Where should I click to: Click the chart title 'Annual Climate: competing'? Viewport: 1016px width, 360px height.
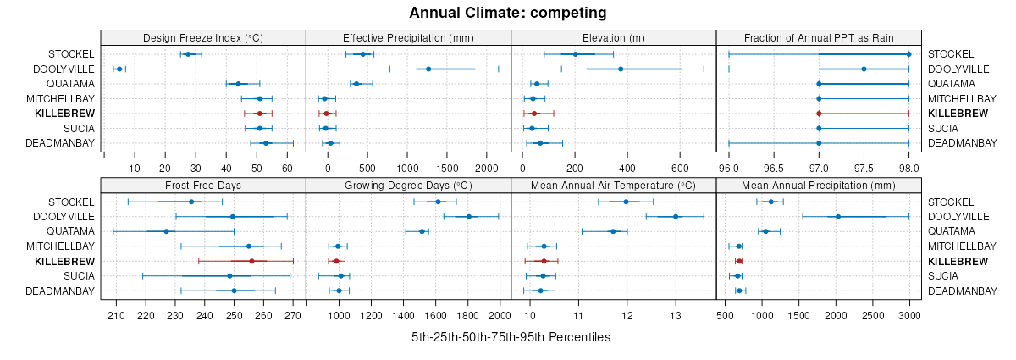point(507,13)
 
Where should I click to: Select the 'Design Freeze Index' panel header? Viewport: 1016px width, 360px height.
point(202,37)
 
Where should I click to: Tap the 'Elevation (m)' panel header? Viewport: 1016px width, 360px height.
point(614,37)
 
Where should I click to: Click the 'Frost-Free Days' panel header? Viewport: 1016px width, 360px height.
point(202,185)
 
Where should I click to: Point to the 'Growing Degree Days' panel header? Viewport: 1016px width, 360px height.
point(408,185)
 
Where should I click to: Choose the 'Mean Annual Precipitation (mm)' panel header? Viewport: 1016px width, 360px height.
point(819,185)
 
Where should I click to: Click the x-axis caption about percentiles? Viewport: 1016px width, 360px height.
point(511,337)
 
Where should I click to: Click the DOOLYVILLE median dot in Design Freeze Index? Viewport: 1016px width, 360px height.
point(119,69)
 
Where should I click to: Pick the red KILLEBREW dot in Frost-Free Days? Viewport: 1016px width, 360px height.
point(251,261)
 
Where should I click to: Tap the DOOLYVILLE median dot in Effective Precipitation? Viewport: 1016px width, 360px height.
point(428,69)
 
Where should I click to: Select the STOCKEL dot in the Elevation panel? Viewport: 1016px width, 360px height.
point(575,54)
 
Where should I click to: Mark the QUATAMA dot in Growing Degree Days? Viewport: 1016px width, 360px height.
point(422,231)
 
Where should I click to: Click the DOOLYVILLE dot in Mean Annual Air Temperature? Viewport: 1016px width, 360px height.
point(676,217)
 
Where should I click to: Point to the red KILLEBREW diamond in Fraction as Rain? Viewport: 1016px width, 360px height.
point(819,114)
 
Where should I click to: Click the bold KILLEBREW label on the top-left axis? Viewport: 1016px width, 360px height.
point(65,114)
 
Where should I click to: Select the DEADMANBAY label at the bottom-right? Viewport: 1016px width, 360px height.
point(962,291)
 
